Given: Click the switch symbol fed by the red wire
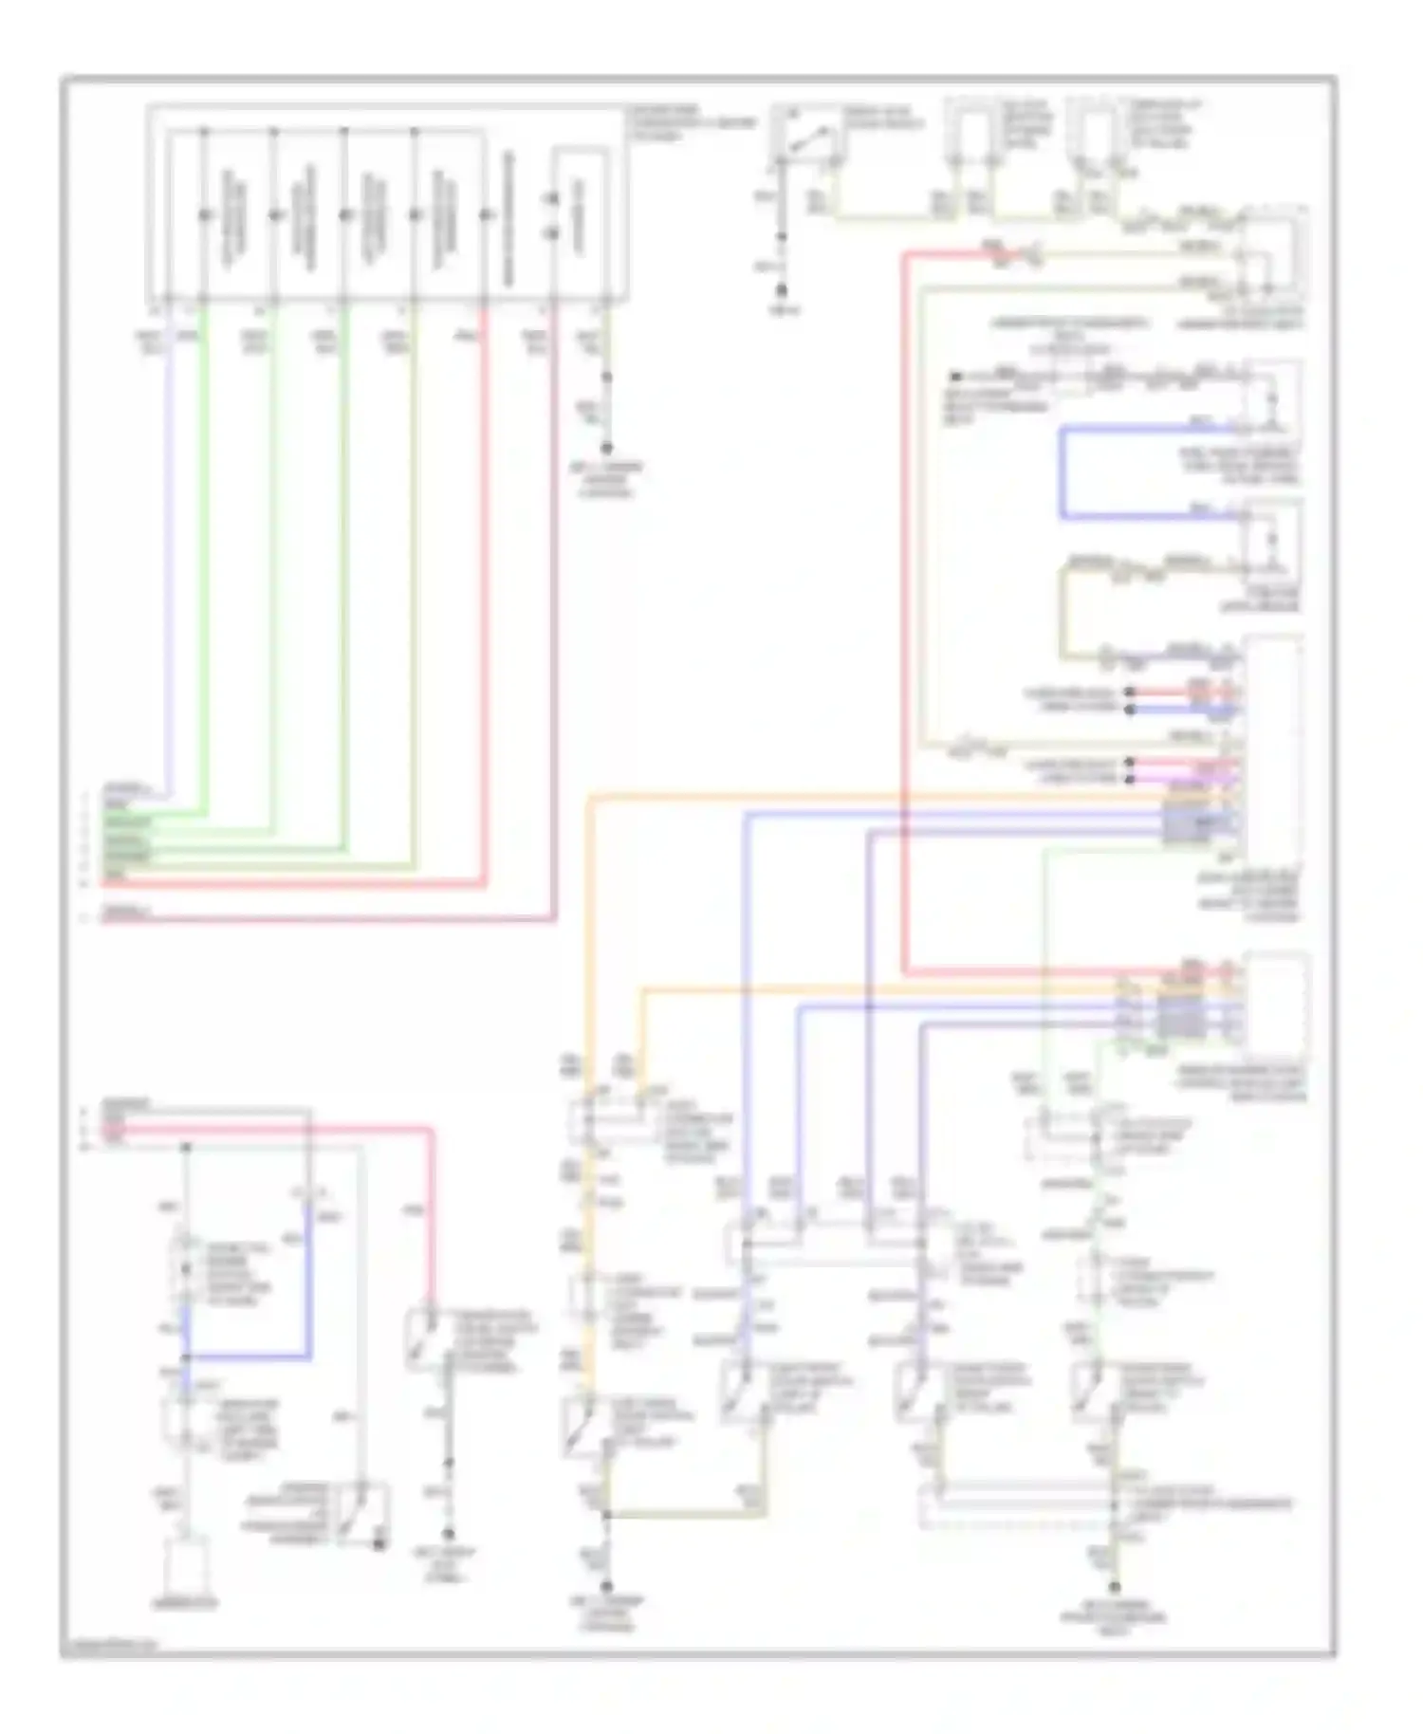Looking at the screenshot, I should [424, 1339].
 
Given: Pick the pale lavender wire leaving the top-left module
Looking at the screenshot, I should [171, 569].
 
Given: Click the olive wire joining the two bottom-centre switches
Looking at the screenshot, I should [683, 1515].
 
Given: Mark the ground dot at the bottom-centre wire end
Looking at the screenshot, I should [606, 1585].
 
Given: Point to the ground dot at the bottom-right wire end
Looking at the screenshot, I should [1115, 1585].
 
